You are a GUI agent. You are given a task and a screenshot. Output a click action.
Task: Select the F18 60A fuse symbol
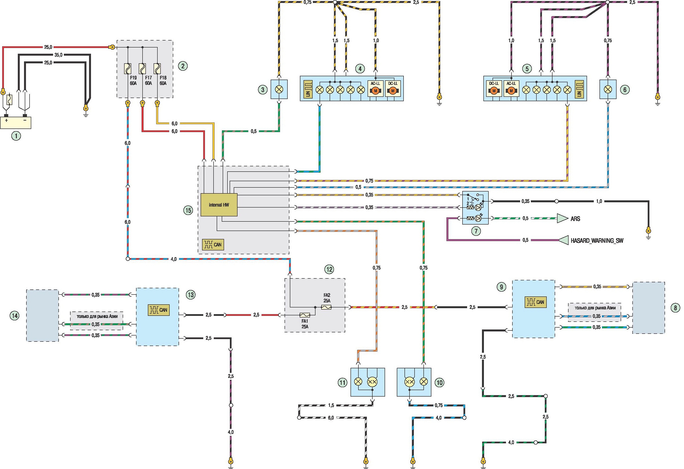point(157,69)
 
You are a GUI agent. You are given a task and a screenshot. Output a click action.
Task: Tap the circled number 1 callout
point(16,136)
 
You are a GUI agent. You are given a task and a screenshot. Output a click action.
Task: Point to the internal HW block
point(219,205)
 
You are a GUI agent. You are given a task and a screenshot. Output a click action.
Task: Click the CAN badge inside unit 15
point(213,244)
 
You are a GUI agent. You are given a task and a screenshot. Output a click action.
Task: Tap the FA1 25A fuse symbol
point(305,315)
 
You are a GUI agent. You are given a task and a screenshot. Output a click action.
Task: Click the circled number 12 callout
point(329,269)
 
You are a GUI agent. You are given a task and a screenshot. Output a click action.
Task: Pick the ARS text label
point(575,219)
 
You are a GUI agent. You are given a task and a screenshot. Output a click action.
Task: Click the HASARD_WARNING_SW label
point(597,241)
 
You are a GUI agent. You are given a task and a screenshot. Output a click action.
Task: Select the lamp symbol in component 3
point(279,89)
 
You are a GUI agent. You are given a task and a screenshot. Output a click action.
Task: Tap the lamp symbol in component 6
point(608,89)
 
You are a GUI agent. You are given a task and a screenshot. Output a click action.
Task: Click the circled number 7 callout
point(476,231)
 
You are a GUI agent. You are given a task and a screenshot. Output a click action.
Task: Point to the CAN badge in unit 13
point(159,310)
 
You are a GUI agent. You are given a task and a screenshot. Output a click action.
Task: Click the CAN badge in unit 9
point(536,302)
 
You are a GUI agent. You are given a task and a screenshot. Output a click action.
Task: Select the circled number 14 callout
point(14,316)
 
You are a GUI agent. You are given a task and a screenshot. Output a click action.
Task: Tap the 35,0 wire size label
point(59,55)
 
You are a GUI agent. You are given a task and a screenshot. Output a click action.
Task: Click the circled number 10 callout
point(439,383)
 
